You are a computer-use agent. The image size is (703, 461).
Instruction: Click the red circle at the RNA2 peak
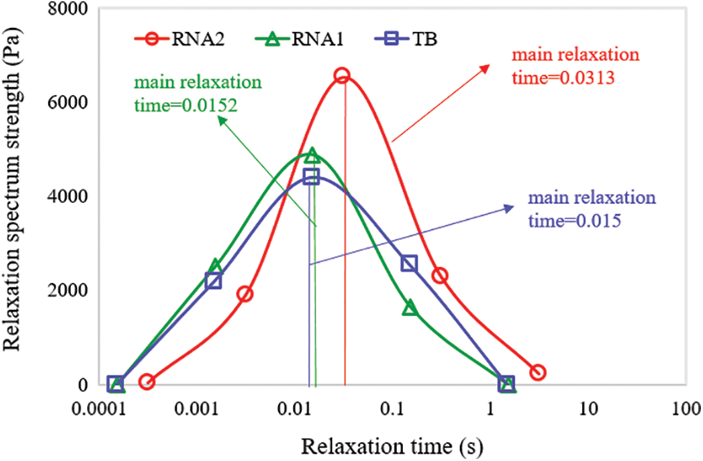click(x=342, y=75)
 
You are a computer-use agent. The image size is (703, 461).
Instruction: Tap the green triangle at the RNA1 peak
click(x=312, y=155)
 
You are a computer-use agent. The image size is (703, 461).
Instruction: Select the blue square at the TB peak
click(x=310, y=176)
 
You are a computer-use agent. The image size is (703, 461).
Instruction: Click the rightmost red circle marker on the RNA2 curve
click(x=538, y=372)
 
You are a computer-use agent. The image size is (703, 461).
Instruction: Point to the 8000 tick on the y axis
click(x=79, y=9)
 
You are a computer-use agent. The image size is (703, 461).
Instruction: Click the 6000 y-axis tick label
click(x=79, y=103)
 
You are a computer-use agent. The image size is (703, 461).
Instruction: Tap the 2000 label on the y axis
click(x=79, y=290)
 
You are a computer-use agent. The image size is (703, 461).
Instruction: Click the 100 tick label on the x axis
click(x=682, y=408)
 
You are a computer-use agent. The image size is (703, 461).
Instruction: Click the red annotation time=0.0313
click(x=563, y=79)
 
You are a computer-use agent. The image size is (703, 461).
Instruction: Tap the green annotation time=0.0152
click(x=184, y=105)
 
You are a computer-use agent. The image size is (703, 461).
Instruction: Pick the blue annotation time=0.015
click(x=573, y=220)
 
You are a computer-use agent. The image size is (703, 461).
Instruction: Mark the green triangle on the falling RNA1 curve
click(x=410, y=307)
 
